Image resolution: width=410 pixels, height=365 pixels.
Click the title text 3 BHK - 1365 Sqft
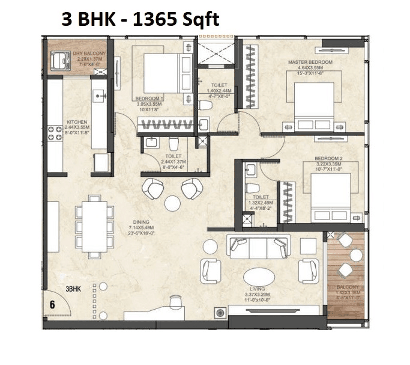point(140,20)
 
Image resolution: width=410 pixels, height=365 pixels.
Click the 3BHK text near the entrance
point(73,289)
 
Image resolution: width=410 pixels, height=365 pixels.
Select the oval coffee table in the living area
point(259,277)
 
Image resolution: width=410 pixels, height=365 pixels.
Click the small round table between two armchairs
point(172,203)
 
